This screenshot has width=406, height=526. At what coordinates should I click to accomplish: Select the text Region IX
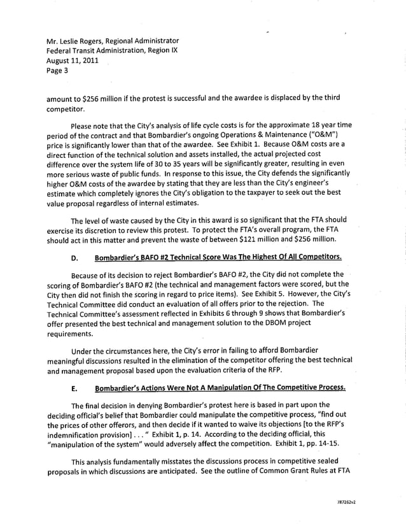(162, 51)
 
